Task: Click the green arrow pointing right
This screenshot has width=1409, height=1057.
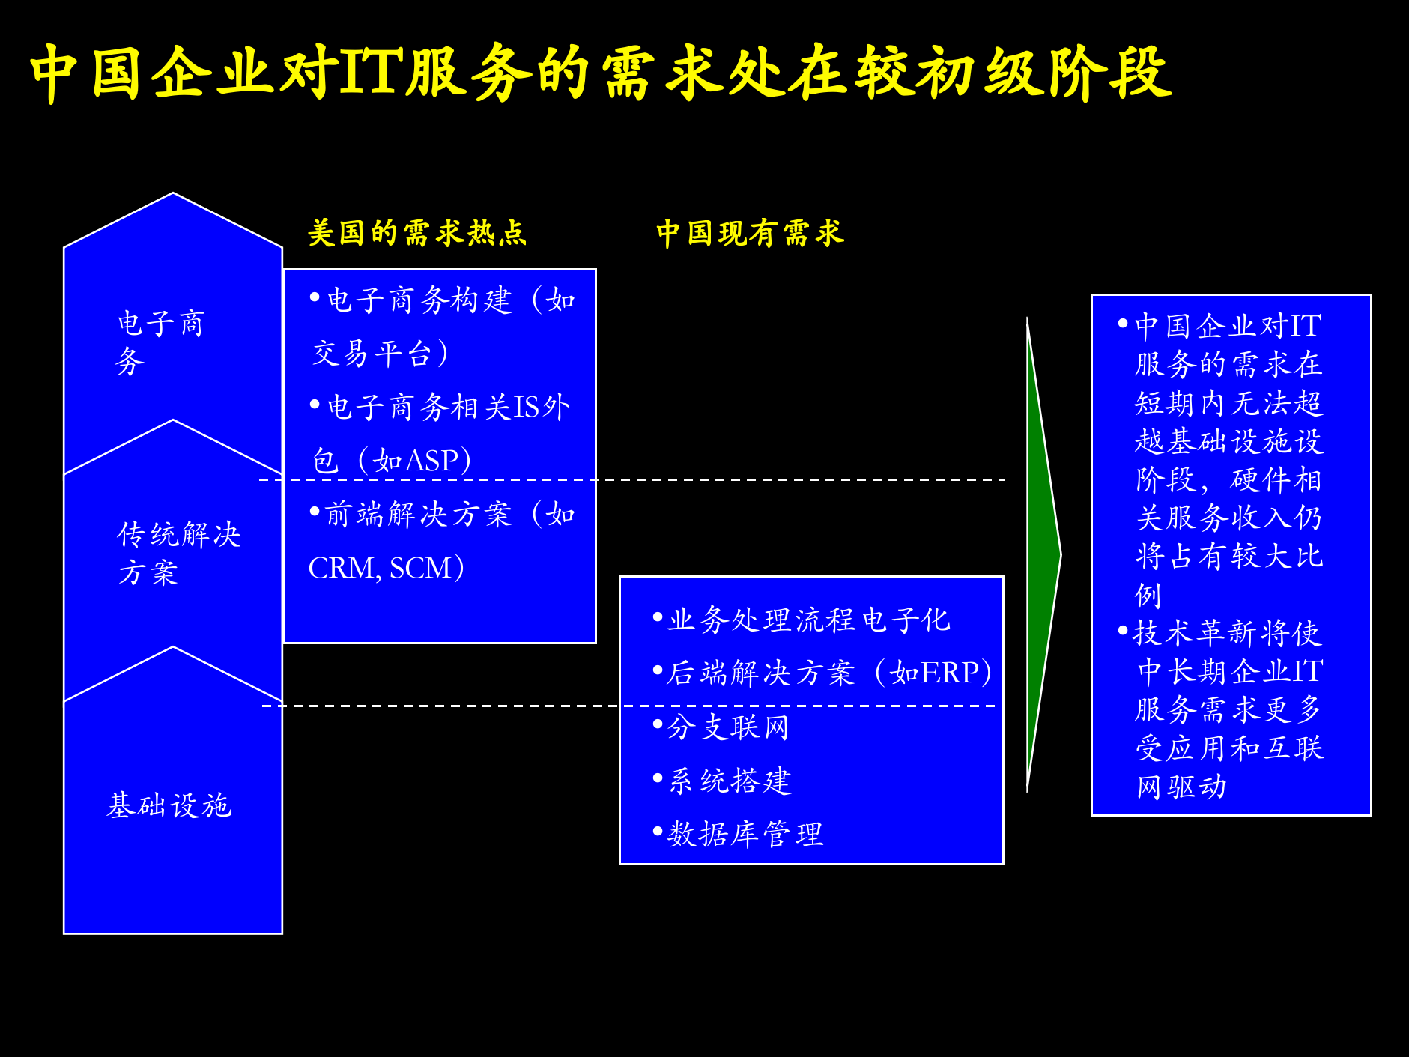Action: pos(1042,555)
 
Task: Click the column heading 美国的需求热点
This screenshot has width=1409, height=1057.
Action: pos(417,233)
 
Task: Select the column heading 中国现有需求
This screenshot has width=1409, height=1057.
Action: pos(750,233)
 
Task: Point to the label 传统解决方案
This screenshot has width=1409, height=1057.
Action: pos(178,553)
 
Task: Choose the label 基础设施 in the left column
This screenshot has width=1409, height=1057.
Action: pos(169,805)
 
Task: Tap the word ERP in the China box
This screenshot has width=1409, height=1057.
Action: pos(951,673)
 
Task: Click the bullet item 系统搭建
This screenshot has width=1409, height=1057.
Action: pos(729,781)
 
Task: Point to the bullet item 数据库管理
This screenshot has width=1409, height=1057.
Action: pos(745,834)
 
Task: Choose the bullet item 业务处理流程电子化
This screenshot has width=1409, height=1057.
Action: pos(808,620)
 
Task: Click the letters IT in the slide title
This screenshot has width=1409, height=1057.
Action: pos(370,73)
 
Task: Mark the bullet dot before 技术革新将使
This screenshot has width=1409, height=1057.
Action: pos(1123,631)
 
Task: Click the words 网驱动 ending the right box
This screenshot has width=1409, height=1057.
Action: pos(1181,787)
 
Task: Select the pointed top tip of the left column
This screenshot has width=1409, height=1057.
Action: pos(173,195)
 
